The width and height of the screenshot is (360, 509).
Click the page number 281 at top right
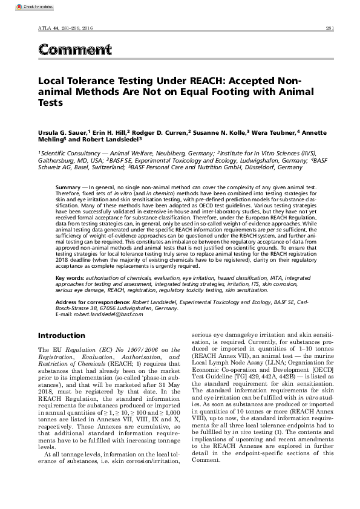[330, 28]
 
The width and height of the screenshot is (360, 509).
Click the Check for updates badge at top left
[19, 6]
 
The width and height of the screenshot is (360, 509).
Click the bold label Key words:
[70, 277]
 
